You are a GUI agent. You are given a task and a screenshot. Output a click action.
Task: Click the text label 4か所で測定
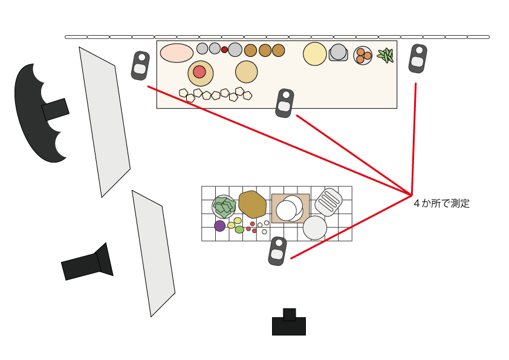(x=441, y=204)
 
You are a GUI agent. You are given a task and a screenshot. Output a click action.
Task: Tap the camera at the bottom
(x=289, y=324)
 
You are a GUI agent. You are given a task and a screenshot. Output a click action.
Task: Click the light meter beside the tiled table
(x=277, y=250)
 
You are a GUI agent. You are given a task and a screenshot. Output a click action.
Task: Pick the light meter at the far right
(x=418, y=59)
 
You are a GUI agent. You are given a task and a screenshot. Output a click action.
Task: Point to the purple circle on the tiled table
(x=219, y=226)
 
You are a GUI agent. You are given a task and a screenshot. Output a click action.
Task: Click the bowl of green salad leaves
(x=224, y=207)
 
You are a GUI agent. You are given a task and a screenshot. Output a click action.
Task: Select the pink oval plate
(x=177, y=53)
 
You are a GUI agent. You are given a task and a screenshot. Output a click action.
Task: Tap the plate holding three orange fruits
(x=363, y=56)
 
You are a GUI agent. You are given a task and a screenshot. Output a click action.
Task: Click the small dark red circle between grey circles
(x=224, y=50)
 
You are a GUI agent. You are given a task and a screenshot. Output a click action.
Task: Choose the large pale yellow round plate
(x=315, y=54)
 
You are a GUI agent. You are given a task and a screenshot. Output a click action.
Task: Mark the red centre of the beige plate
(x=199, y=72)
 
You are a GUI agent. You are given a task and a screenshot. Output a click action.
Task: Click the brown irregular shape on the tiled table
(x=253, y=205)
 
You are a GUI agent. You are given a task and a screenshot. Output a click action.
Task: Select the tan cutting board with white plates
(x=290, y=208)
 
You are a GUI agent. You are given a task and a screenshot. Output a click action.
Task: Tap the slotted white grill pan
(x=328, y=201)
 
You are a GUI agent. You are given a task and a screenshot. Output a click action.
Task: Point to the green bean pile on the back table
(x=385, y=56)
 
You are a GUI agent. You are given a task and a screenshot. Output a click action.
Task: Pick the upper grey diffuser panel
(x=104, y=121)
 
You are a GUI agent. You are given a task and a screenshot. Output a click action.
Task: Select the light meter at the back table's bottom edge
(x=284, y=103)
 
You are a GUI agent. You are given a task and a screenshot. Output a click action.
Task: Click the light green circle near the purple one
(x=239, y=229)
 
